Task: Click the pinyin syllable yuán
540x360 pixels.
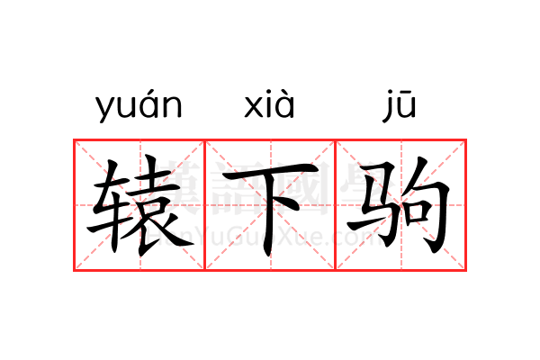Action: [x=139, y=106]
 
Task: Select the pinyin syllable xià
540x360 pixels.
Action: [x=269, y=104]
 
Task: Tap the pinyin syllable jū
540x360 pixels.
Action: [x=400, y=105]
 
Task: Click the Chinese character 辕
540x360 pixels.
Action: [x=139, y=205]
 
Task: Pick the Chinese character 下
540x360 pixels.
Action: [x=270, y=209]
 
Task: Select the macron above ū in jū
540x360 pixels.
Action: [x=407, y=92]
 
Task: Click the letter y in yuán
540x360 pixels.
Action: [x=104, y=110]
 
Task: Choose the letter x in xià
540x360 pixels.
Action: [x=254, y=107]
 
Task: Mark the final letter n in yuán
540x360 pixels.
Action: [x=173, y=107]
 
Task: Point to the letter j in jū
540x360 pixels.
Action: [x=388, y=106]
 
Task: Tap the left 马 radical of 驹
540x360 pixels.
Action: [x=373, y=204]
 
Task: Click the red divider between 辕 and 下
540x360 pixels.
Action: [x=205, y=205]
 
